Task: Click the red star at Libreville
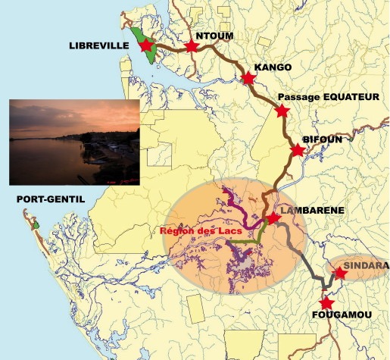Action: point(147,45)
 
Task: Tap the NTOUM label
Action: point(214,36)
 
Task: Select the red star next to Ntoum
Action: point(191,47)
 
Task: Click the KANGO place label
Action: point(273,67)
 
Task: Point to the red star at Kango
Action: point(248,77)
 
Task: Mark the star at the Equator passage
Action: point(282,111)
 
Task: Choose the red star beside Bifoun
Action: point(298,150)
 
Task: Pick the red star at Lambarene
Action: point(274,218)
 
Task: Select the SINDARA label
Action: point(367,266)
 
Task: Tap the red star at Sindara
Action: point(340,274)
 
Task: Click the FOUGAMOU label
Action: point(335,313)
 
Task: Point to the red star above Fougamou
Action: point(326,302)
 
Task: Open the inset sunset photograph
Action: point(73,142)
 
